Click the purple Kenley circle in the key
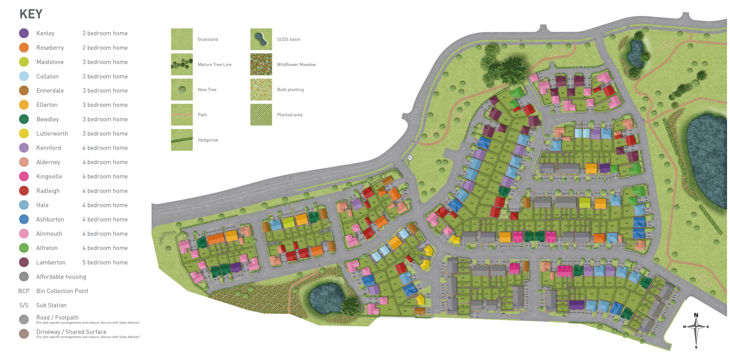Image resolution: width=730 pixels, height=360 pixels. (x=24, y=33)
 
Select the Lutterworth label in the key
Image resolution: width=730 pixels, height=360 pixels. (x=52, y=134)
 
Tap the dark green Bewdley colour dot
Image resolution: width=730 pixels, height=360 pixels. (x=24, y=119)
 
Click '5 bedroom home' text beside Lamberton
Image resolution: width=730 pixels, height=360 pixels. (x=105, y=262)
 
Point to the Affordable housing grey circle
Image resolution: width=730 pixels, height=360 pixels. (x=24, y=277)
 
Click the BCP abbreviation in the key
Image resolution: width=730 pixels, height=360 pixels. (x=24, y=291)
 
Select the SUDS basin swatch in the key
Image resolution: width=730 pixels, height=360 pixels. (x=261, y=39)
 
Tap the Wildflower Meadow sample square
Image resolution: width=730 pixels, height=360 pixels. (x=261, y=64)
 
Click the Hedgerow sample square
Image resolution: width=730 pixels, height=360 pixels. (x=182, y=140)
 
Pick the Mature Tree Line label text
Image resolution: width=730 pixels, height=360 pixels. (x=214, y=65)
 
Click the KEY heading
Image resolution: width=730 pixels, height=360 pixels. (x=31, y=14)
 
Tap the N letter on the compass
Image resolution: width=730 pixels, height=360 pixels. (x=696, y=315)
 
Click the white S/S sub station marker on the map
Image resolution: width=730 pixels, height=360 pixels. (x=410, y=158)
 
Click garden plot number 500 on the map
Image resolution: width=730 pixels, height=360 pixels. (x=627, y=194)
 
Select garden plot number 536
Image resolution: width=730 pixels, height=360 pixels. (x=625, y=171)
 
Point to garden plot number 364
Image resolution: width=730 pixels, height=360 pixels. (x=318, y=237)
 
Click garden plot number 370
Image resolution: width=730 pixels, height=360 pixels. (x=273, y=250)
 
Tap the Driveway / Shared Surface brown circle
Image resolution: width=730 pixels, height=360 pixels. (x=24, y=334)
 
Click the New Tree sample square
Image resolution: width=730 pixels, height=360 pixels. (x=182, y=89)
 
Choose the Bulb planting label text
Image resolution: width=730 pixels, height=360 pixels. (x=290, y=90)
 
